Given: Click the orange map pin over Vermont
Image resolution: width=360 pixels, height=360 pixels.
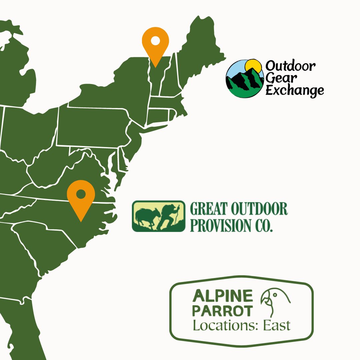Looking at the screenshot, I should [155, 43].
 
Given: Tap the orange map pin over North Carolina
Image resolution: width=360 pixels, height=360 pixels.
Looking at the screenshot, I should [81, 197].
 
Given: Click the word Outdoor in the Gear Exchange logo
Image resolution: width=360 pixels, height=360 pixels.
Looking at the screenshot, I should [290, 66].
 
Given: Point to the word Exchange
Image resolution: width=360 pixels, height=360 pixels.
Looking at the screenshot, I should [295, 90].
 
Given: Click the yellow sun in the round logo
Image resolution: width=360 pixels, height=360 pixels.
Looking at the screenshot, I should [252, 66].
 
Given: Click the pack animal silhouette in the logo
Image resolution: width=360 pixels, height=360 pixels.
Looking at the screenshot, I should [145, 217].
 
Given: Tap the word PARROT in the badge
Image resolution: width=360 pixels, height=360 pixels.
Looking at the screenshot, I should [223, 311].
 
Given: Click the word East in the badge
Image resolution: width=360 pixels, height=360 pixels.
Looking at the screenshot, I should [277, 325].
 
